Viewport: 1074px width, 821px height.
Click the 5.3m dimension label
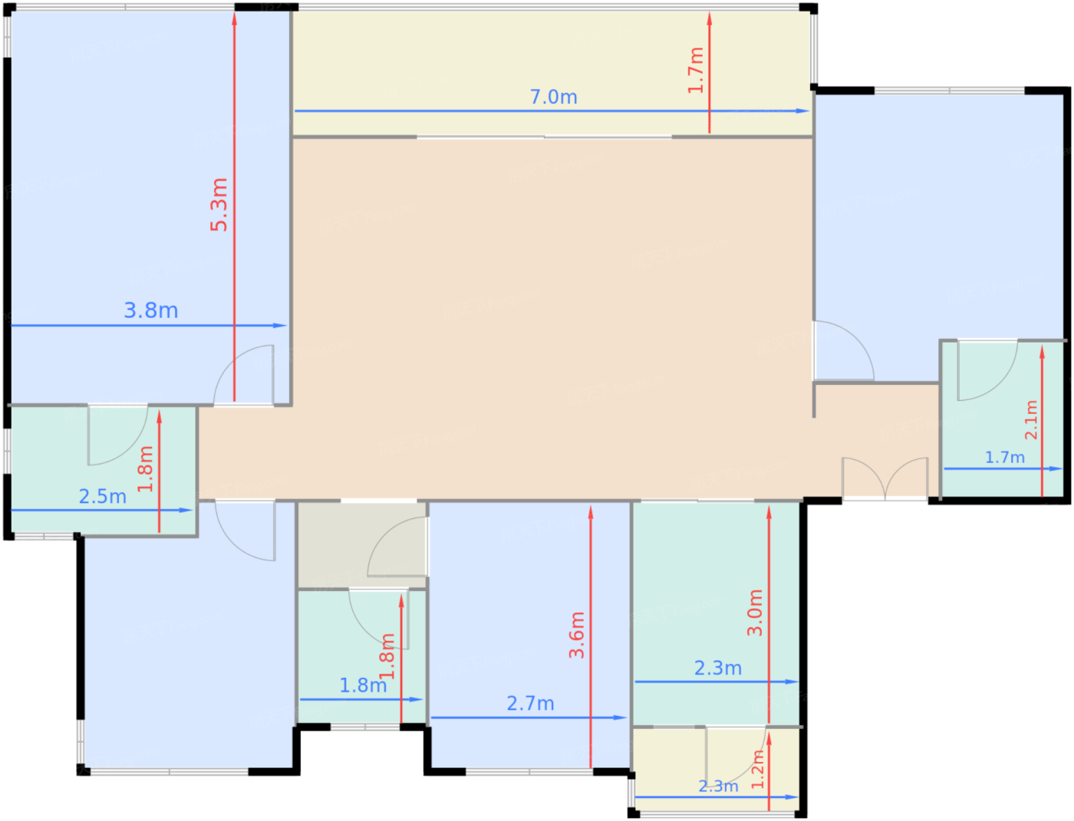[219, 205]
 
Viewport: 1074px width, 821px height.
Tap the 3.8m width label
[150, 310]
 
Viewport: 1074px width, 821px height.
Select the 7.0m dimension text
[553, 97]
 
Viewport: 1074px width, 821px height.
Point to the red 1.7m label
[695, 71]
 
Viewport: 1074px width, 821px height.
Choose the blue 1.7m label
[1004, 457]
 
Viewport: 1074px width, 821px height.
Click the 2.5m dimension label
[102, 497]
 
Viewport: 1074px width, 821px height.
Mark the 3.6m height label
[577, 635]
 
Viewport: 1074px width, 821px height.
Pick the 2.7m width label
[530, 704]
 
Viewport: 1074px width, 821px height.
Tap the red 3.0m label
[755, 612]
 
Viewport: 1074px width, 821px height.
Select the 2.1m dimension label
[1030, 420]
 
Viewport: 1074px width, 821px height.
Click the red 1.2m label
[757, 769]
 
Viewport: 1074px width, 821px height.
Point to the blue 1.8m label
[363, 685]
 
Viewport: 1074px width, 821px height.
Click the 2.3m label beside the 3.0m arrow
[718, 668]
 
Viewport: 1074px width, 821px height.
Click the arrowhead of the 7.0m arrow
[802, 111]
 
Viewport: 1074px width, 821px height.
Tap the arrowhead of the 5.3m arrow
[235, 18]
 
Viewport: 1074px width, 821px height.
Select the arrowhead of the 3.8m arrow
[280, 325]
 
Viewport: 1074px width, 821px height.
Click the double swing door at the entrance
[885, 478]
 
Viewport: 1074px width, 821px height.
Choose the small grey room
[362, 545]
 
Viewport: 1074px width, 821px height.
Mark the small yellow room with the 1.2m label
[716, 771]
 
